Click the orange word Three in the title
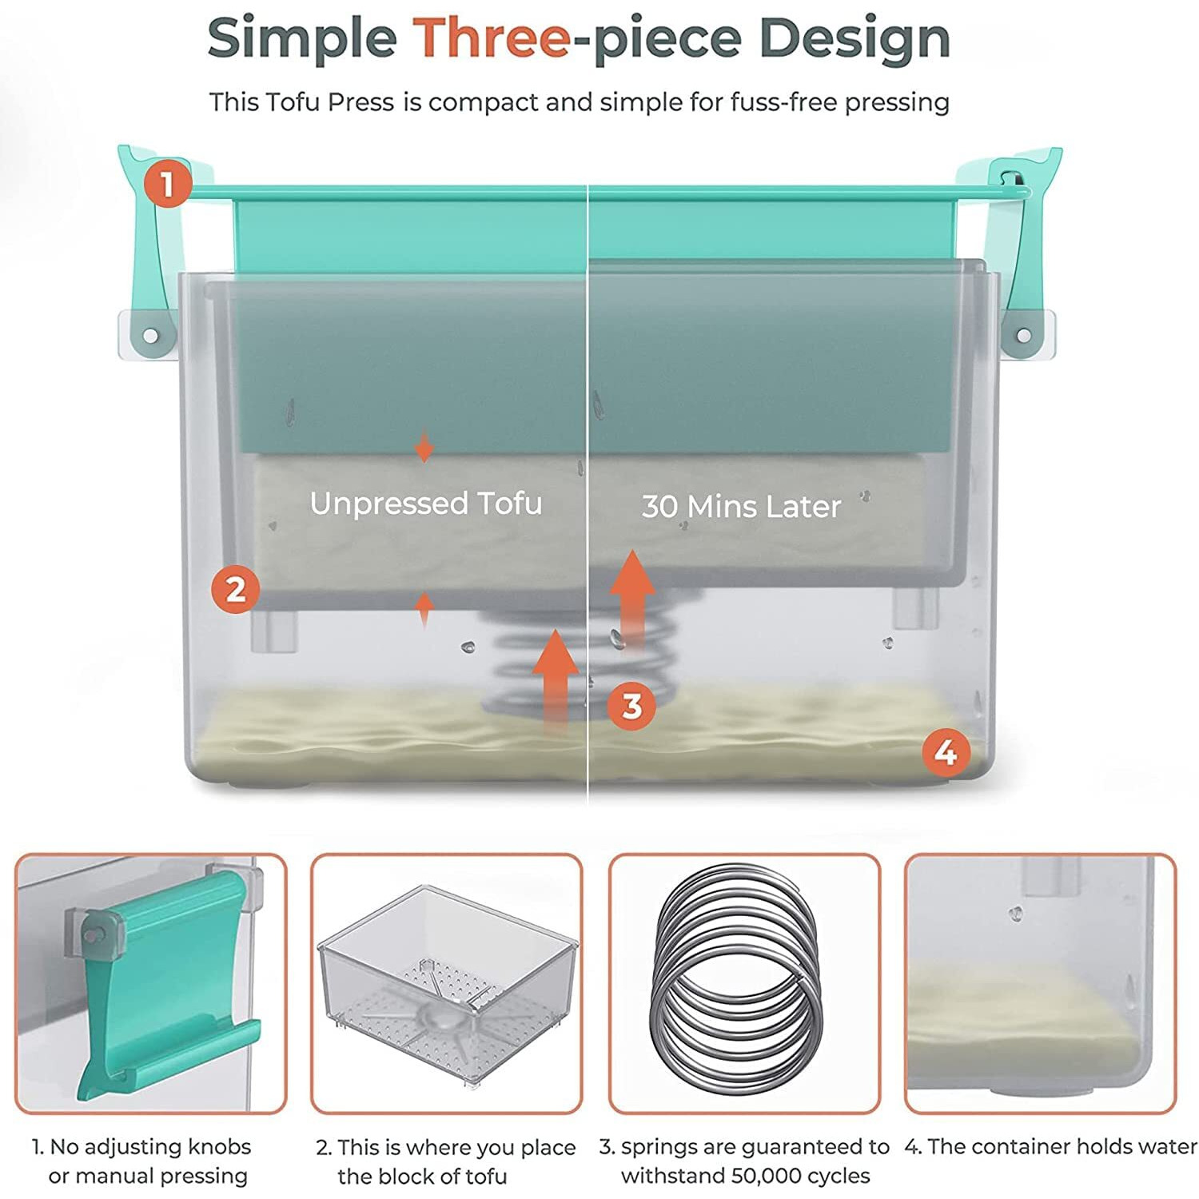[491, 38]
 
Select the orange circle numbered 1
[168, 185]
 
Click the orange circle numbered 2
[236, 590]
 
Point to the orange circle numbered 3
[631, 706]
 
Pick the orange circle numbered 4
[946, 752]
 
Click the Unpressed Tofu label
[426, 504]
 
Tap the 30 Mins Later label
[741, 506]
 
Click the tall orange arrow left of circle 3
[556, 679]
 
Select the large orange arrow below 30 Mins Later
[632, 599]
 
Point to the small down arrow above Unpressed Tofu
[424, 445]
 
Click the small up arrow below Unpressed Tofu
[424, 611]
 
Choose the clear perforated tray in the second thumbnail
[448, 983]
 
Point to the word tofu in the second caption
[484, 1176]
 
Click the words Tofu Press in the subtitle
[330, 102]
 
